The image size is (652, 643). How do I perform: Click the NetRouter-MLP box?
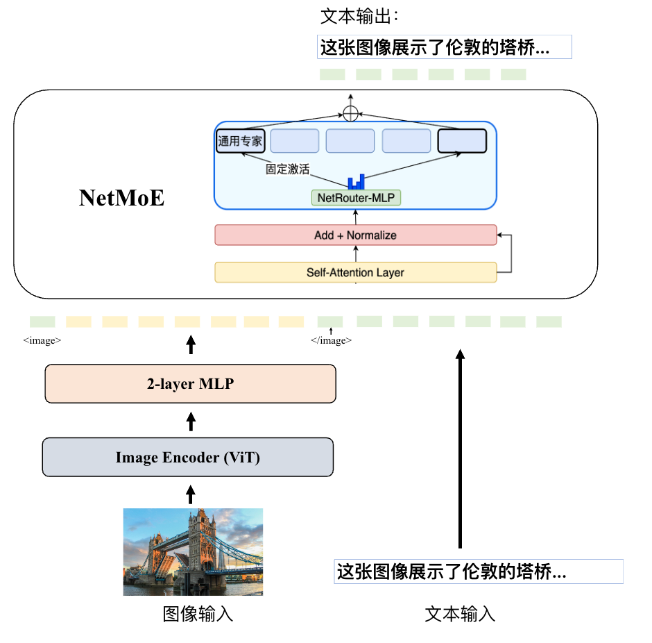[x=356, y=198]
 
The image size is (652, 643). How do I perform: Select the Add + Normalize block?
[x=355, y=235]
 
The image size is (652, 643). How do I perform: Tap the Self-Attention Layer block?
[x=355, y=273]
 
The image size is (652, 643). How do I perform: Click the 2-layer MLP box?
[x=190, y=383]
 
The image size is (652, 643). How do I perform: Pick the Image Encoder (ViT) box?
[x=188, y=458]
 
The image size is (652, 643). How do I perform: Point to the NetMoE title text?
[x=122, y=199]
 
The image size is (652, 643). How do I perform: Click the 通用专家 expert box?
[x=241, y=141]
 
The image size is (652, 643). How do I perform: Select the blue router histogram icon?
[x=356, y=181]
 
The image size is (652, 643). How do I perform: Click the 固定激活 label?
[x=287, y=169]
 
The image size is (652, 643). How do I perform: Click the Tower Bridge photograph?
[x=194, y=552]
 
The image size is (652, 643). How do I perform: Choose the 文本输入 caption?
[x=460, y=615]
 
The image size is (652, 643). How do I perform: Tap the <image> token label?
[x=42, y=341]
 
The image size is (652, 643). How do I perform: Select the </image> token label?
[x=331, y=341]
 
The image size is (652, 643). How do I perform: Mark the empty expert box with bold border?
[x=462, y=141]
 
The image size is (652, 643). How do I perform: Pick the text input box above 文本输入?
[x=479, y=571]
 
